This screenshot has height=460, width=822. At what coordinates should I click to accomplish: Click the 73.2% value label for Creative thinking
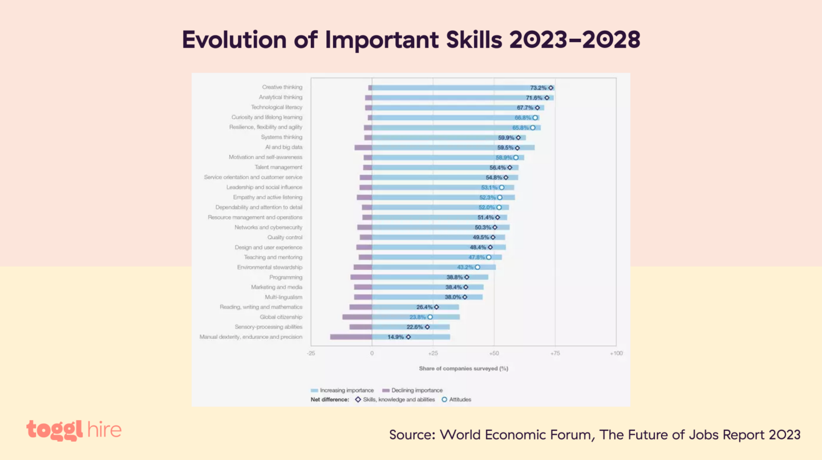coord(538,88)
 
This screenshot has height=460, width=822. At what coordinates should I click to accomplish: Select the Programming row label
coord(286,277)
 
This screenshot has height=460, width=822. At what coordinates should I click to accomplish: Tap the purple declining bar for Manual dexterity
coord(351,337)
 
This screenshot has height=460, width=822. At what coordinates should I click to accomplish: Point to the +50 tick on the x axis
coord(493,354)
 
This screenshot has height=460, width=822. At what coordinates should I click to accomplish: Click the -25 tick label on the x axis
coord(311,354)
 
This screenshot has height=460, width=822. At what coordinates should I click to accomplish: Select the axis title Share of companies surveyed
coord(463,369)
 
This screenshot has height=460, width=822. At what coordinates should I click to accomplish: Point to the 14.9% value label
coord(396,337)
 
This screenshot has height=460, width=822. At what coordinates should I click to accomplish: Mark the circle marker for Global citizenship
coord(430,317)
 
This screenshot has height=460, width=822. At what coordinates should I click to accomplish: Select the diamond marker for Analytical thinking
coord(546,98)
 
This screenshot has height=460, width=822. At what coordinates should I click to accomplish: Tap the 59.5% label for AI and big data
coord(505,147)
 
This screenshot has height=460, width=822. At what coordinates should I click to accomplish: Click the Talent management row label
coord(278,167)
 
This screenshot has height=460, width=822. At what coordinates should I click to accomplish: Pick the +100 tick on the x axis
coord(616,354)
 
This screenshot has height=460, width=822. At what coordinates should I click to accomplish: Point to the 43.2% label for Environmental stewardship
coord(465,267)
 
